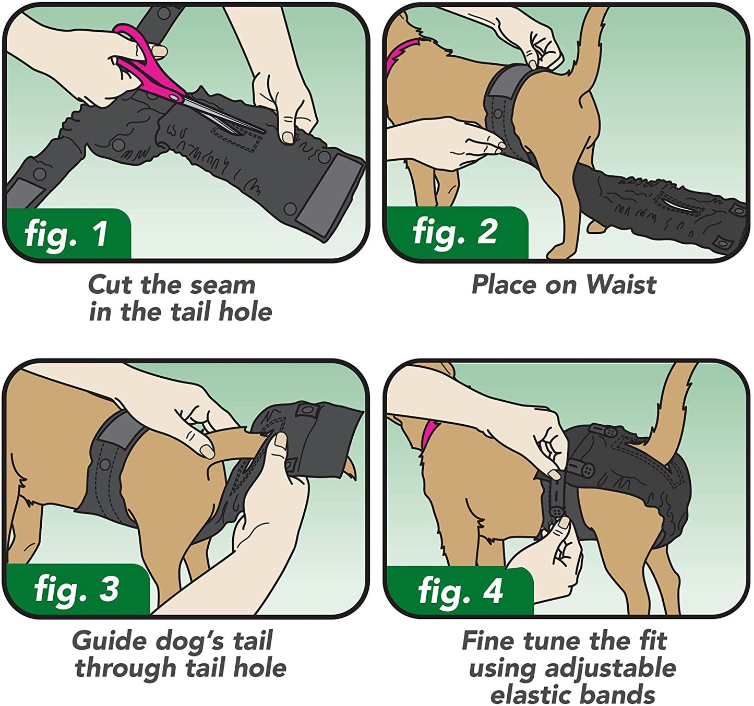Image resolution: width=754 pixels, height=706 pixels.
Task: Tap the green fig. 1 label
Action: (67, 233)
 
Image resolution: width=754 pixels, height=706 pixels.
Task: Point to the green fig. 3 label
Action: (77, 589)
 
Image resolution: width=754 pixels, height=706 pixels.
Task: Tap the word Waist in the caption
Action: (621, 285)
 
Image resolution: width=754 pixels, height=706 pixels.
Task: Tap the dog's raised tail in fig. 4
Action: (673, 407)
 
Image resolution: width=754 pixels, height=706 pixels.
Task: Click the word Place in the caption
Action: (504, 285)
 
